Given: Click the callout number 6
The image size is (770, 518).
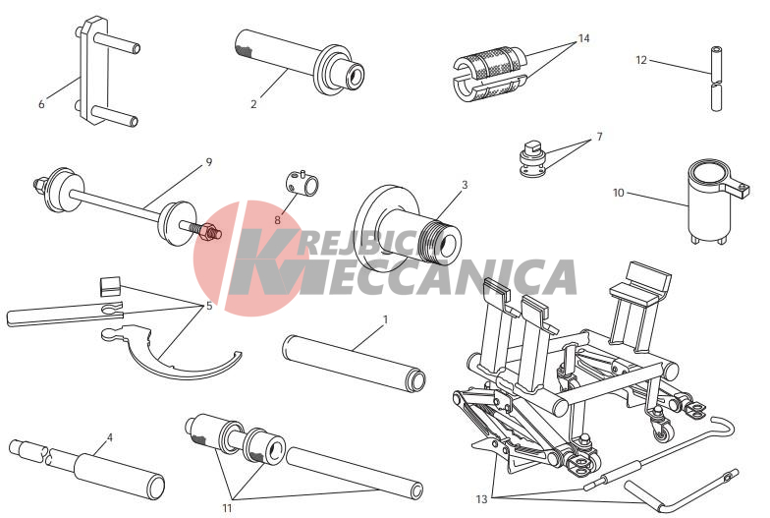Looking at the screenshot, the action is [x=41, y=104].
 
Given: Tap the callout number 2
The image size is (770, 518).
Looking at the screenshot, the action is [x=253, y=104].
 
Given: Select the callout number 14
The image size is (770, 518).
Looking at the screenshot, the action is [x=583, y=37].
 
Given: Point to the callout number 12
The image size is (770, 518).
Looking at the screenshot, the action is [x=641, y=60].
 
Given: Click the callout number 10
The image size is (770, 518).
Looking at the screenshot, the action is [x=619, y=193].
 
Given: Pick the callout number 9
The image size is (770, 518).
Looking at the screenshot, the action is [x=208, y=161].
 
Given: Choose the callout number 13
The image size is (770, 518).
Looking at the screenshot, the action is [x=481, y=499].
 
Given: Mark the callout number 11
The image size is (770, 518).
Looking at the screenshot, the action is [x=227, y=507].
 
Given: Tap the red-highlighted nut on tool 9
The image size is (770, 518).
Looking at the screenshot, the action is [x=210, y=231].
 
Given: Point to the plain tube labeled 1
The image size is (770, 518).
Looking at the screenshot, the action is [x=354, y=364].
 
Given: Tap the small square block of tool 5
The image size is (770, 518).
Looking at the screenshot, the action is [x=110, y=287].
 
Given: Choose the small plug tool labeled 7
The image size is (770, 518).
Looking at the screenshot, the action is [x=532, y=158].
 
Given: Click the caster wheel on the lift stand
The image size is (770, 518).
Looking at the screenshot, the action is [x=662, y=432].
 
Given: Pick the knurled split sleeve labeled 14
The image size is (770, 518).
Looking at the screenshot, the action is [x=488, y=73].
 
